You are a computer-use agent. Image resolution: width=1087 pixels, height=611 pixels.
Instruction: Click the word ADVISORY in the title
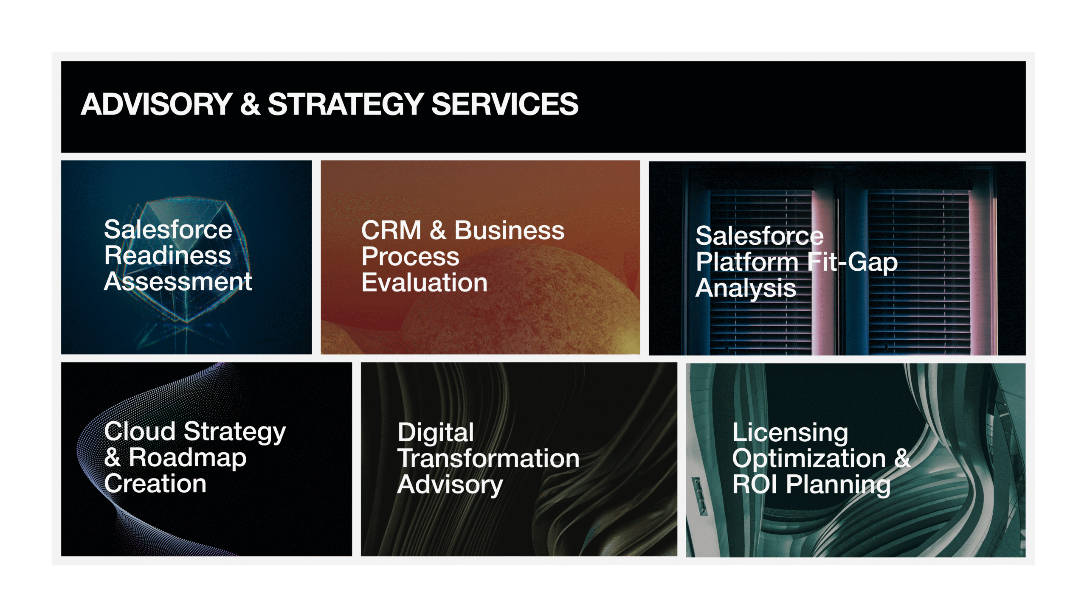[x=156, y=104]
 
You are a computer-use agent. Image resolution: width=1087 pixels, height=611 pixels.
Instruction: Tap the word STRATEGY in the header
[x=346, y=104]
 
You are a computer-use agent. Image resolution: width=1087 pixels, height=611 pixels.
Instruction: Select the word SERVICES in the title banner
[x=505, y=104]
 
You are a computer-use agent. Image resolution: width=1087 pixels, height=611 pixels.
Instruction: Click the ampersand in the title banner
[x=250, y=104]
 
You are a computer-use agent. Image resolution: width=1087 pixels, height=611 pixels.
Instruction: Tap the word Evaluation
[x=425, y=283]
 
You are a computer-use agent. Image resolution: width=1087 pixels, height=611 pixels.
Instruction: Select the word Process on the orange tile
[x=411, y=257]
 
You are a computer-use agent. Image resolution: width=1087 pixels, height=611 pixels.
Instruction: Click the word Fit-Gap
[x=853, y=263]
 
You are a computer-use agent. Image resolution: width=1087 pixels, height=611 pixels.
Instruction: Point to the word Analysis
[x=746, y=289]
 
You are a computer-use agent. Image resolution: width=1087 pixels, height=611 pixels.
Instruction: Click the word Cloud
[x=140, y=432]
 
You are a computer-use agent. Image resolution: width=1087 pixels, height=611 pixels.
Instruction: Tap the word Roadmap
[x=187, y=458]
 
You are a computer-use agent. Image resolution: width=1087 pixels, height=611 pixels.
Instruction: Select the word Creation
[x=155, y=484]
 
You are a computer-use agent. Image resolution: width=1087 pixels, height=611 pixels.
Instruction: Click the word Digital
[x=436, y=433]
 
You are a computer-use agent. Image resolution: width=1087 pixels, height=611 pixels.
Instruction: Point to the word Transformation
[x=488, y=459]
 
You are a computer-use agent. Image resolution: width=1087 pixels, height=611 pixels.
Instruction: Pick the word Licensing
[x=790, y=433]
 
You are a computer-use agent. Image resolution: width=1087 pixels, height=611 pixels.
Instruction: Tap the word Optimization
[x=809, y=460]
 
